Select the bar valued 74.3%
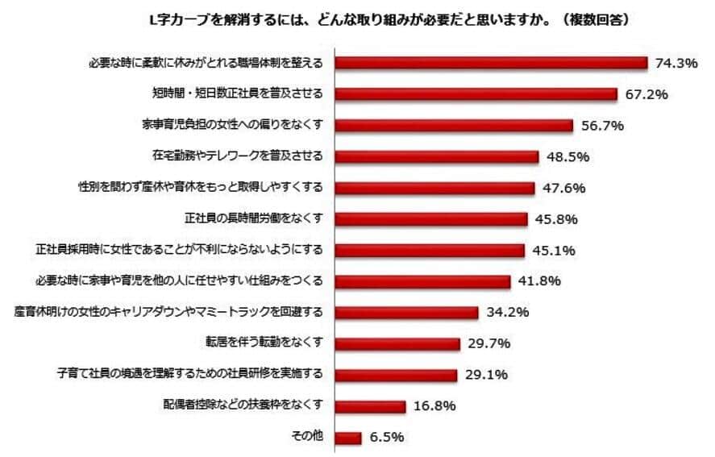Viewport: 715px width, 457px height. pyautogui.click(x=491, y=63)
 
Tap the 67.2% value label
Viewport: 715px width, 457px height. pyautogui.click(x=647, y=94)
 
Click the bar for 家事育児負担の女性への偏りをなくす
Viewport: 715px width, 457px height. pyautogui.click(x=454, y=126)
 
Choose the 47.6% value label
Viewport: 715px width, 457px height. pyautogui.click(x=563, y=189)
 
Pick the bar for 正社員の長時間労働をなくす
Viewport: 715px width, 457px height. pyautogui.click(x=431, y=219)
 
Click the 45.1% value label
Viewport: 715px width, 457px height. pyautogui.click(x=553, y=251)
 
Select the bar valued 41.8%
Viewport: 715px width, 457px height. pyautogui.click(x=422, y=281)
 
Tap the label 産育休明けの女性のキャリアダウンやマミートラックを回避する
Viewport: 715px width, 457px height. pyautogui.click(x=168, y=312)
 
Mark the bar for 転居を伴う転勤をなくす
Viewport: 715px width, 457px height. pyautogui.click(x=397, y=343)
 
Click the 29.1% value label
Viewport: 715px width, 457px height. pyautogui.click(x=484, y=375)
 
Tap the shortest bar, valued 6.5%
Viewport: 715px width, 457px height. pyautogui.click(x=348, y=438)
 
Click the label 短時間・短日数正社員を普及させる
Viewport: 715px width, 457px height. pyautogui.click(x=237, y=93)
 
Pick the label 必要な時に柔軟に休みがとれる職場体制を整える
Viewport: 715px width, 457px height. pyautogui.click(x=205, y=63)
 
